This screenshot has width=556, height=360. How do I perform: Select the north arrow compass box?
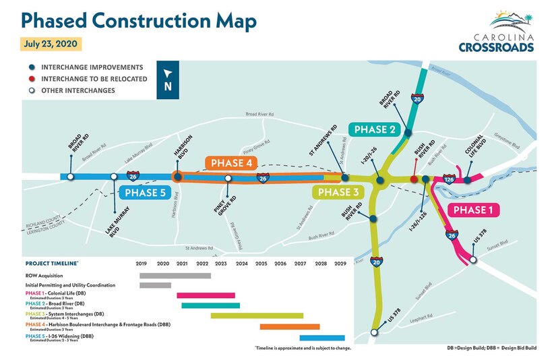(x=168, y=80)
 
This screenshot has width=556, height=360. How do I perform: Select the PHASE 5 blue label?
(x=144, y=192)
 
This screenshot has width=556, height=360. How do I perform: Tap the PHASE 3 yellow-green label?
(x=339, y=192)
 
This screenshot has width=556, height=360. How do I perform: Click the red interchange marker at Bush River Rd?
(x=414, y=179)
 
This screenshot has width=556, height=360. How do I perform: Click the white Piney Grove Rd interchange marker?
(x=228, y=179)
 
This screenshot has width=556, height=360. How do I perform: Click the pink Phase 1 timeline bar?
(x=206, y=295)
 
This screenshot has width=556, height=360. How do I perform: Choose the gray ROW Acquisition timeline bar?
(x=175, y=275)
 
